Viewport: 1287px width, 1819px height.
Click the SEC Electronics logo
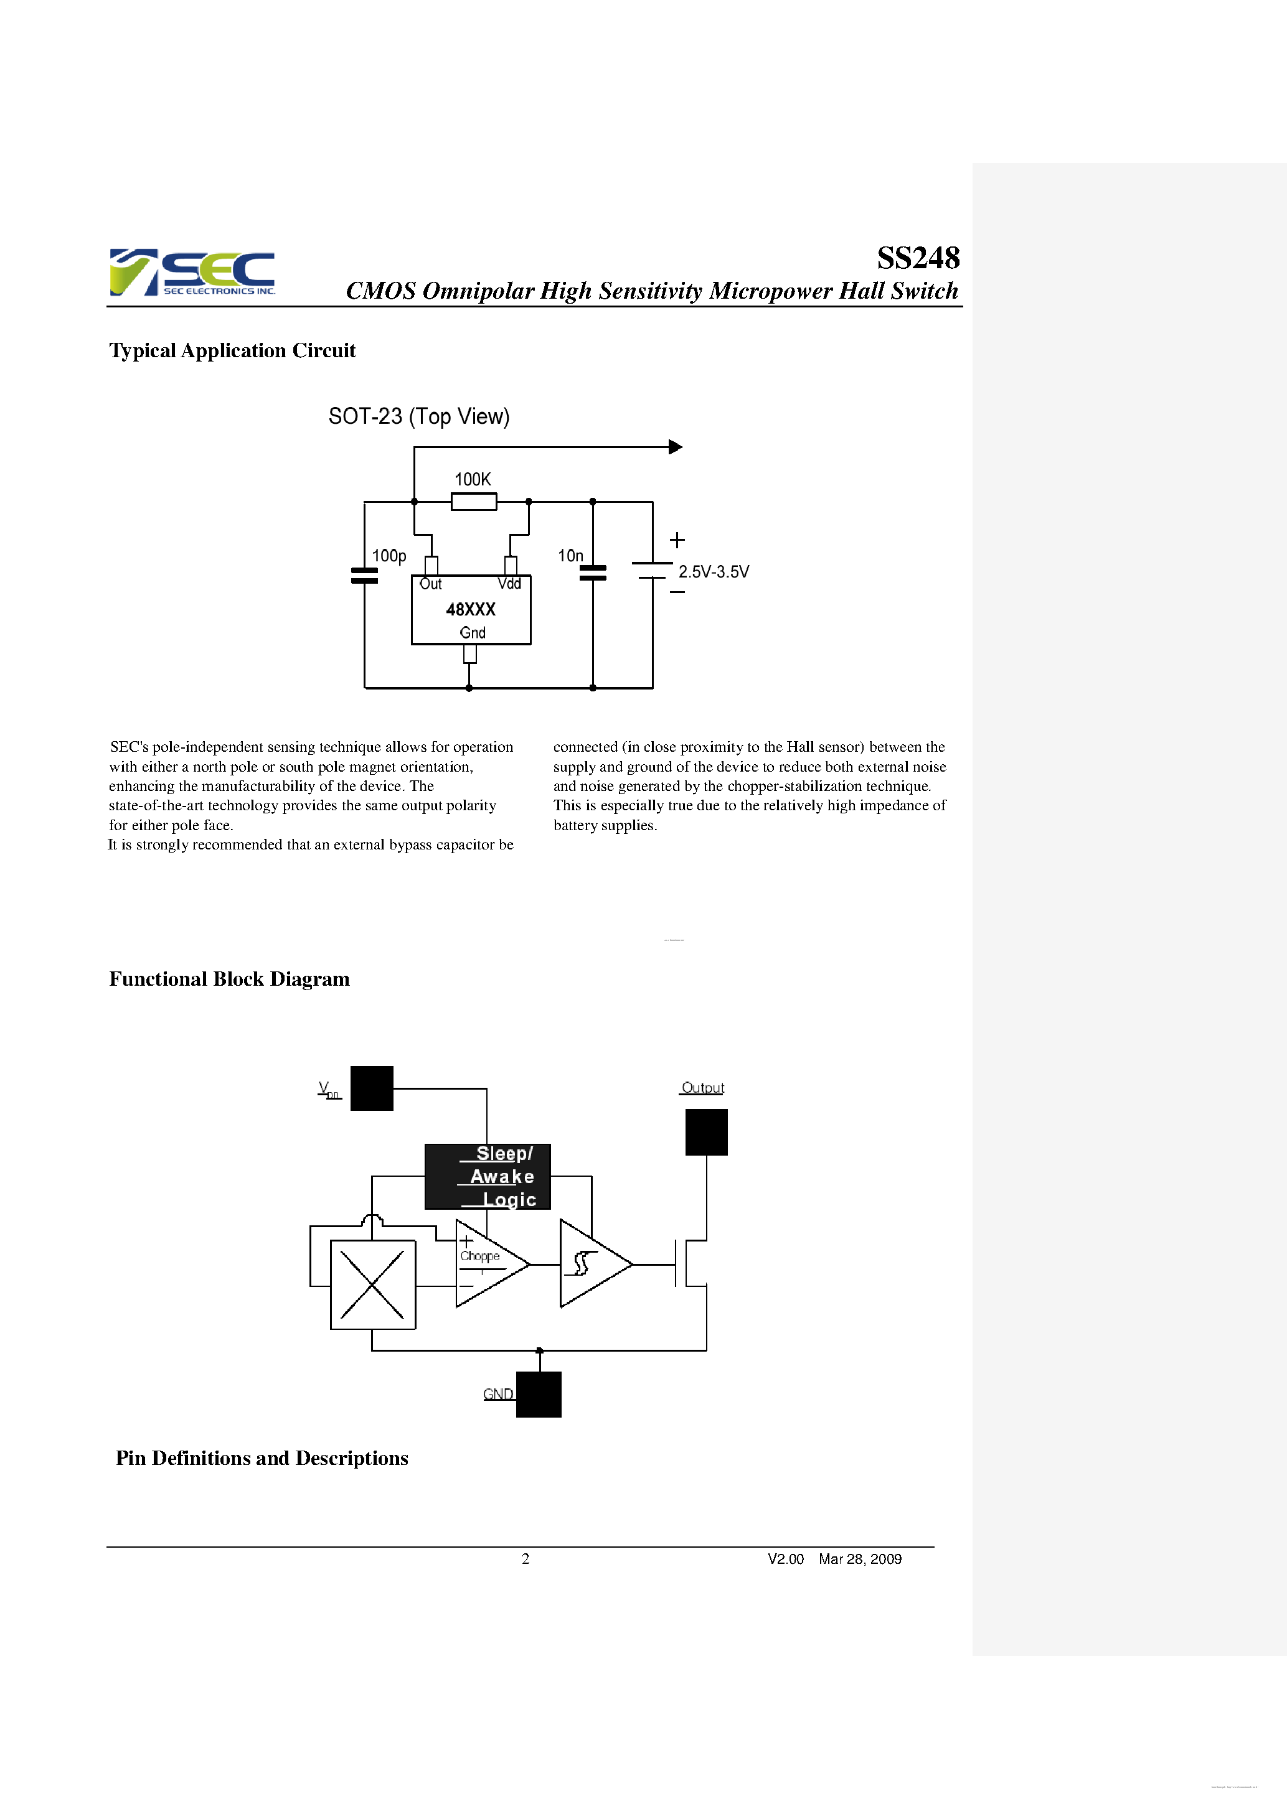click(x=192, y=272)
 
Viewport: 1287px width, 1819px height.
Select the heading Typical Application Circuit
click(x=232, y=350)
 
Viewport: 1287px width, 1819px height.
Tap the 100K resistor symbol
click(x=473, y=501)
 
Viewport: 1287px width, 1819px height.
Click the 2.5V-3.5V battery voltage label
click(x=714, y=571)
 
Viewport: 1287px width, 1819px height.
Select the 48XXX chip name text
click(x=470, y=609)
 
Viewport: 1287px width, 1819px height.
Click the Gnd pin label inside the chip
click(x=473, y=632)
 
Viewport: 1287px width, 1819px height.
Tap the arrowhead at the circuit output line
click(x=675, y=447)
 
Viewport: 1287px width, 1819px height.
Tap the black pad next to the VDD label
click(x=372, y=1088)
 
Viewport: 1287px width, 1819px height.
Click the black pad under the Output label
click(x=705, y=1131)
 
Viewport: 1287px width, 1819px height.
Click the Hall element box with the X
click(x=372, y=1284)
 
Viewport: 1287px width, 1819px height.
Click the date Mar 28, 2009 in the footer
click(x=859, y=1558)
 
